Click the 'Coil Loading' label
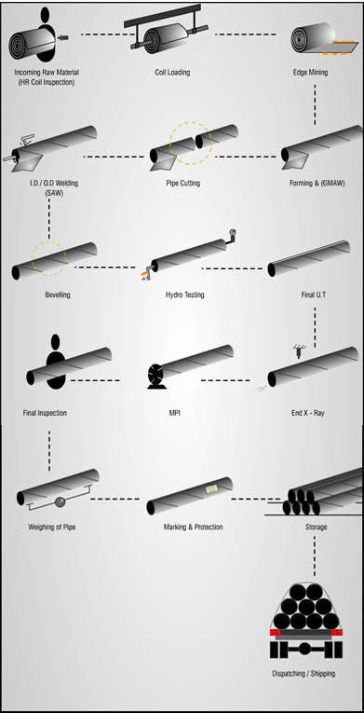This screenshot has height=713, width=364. tap(172, 72)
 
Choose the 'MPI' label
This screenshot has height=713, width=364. tap(174, 412)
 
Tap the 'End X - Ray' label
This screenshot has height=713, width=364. tap(306, 412)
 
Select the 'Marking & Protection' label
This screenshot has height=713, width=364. tap(193, 528)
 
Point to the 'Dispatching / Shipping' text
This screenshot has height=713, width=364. tap(303, 673)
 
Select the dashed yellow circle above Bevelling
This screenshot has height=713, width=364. tap(48, 256)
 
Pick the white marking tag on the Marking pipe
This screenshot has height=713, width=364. tap(209, 488)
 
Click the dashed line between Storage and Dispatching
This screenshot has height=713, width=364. tap(315, 556)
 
